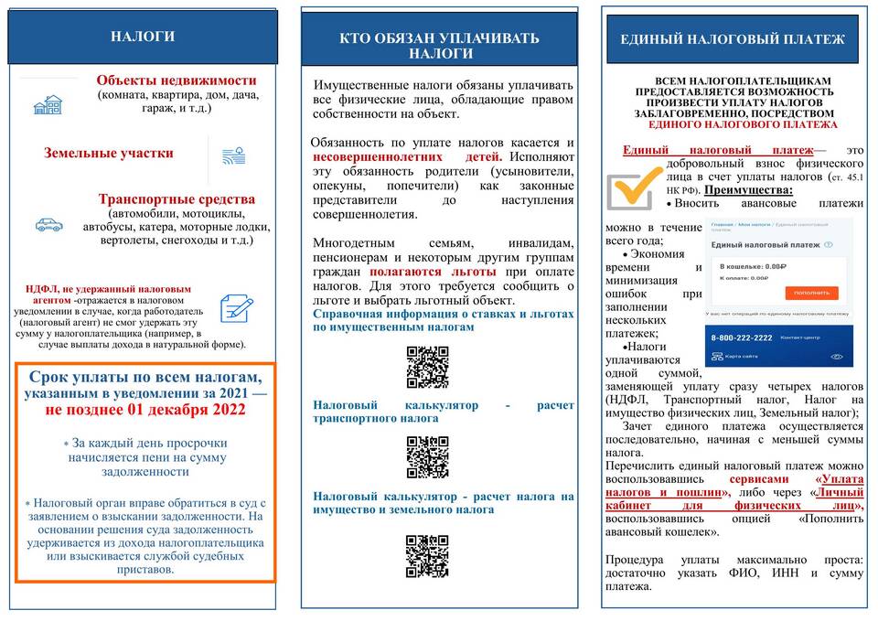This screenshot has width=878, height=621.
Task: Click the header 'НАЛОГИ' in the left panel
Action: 143,37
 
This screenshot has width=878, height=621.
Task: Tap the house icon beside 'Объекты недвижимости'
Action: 48,105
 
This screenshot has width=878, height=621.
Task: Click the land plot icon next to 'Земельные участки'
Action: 233,155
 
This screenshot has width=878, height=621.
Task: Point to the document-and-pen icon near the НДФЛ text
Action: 237,307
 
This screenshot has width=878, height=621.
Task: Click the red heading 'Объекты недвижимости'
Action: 177,80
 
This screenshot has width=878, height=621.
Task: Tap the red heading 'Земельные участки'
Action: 109,154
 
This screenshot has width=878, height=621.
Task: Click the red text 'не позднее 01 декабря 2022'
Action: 145,410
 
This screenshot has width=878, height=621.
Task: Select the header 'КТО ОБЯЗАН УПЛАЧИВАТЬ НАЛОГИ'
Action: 439,45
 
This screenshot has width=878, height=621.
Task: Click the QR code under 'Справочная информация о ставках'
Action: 427,368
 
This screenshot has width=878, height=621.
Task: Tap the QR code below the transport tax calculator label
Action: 427,457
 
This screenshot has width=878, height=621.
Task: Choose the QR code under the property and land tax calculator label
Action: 427,556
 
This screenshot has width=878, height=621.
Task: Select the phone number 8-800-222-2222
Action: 742,338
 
